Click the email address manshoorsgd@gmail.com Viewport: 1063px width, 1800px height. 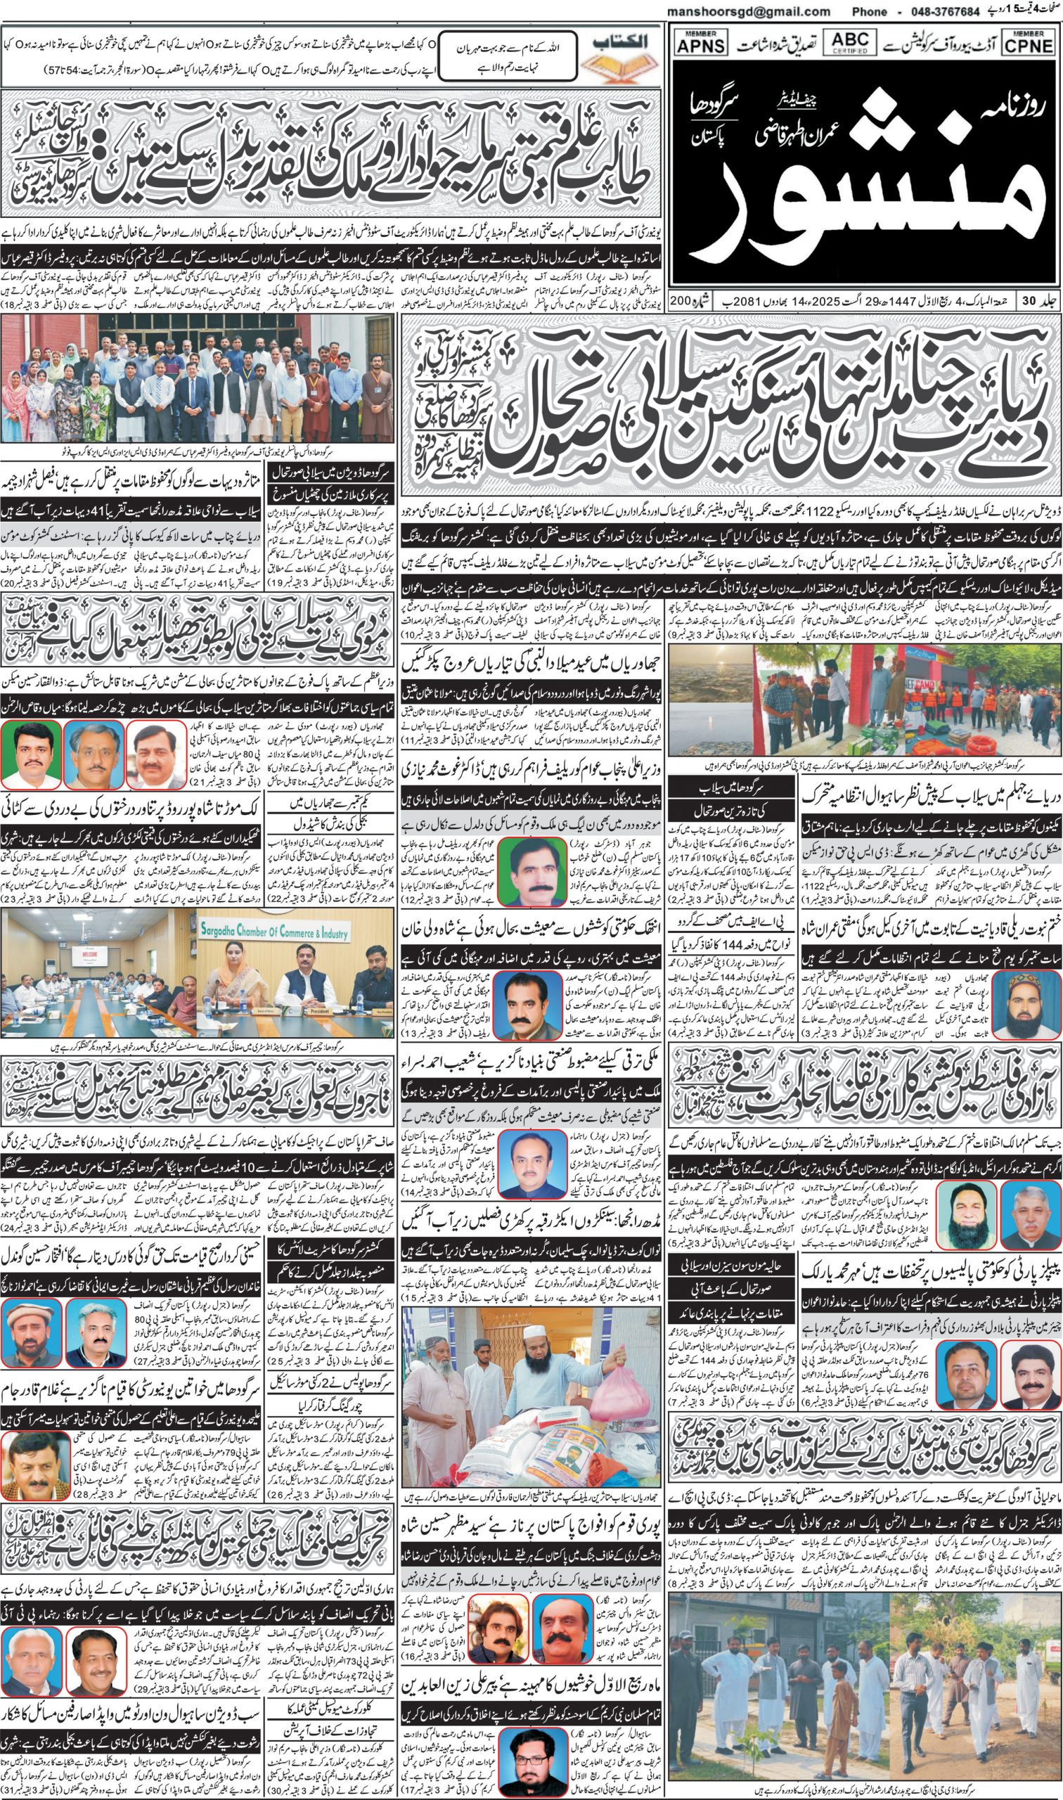[x=748, y=12]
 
